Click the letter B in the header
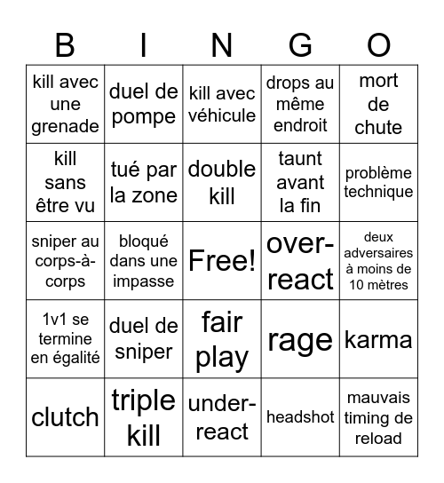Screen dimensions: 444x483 coord(65,44)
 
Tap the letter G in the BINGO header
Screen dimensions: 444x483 coord(300,44)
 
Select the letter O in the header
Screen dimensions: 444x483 coord(379,44)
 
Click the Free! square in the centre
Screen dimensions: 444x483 coord(222,260)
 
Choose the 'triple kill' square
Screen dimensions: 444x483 coord(144,416)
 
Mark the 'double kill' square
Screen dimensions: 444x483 coord(222,182)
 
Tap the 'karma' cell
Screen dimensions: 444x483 coord(378,339)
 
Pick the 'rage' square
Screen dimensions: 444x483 coord(300,339)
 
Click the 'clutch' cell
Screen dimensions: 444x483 coord(65,416)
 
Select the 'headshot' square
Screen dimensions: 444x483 coord(300,416)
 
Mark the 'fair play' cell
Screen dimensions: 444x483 coord(222,339)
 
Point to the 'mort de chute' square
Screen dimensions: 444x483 coord(378,104)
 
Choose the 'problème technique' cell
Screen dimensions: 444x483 coord(378,182)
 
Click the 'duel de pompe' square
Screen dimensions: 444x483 coord(144,104)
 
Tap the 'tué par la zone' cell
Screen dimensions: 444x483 coord(144,182)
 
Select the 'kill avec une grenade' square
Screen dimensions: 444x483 coord(65,104)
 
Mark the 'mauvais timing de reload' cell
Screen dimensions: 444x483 coord(378,416)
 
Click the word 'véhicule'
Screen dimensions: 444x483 coord(222,115)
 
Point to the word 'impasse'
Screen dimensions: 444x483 coord(144,281)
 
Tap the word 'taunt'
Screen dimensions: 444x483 coord(300,160)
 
